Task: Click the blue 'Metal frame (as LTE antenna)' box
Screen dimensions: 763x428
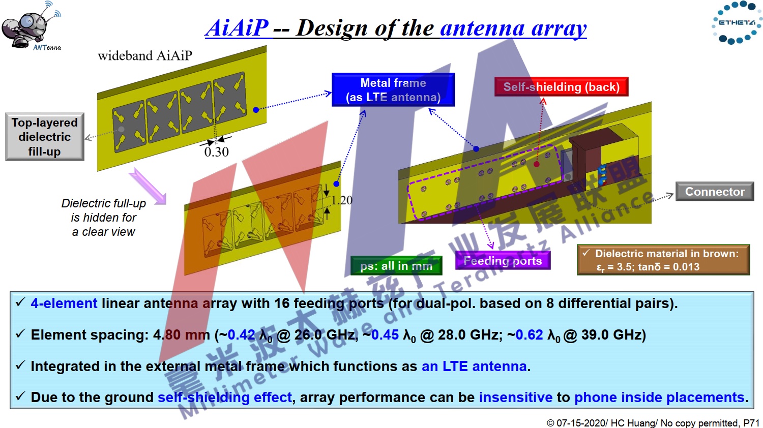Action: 393,89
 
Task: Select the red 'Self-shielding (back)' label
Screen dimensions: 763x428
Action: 562,87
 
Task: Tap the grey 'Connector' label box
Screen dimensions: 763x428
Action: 715,191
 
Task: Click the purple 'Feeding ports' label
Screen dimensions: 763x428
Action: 503,260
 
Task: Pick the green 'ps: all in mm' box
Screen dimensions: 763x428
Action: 396,265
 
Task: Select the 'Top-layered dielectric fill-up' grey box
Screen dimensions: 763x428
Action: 45,137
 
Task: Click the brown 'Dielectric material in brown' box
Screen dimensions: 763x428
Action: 663,259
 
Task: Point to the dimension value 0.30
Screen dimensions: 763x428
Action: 217,152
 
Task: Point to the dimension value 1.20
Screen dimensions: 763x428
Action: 342,200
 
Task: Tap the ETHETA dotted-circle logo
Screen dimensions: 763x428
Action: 737,22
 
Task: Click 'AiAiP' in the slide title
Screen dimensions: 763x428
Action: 237,27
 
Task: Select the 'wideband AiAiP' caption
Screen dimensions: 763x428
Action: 145,55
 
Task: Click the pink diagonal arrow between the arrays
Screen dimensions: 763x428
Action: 148,186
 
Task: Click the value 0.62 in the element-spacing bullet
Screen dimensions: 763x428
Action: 529,334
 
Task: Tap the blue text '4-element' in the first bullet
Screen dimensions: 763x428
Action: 64,303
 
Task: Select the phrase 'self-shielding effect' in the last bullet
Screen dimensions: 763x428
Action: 225,398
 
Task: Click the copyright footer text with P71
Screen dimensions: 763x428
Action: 653,422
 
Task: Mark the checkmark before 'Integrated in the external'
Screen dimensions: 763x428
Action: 20,365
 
